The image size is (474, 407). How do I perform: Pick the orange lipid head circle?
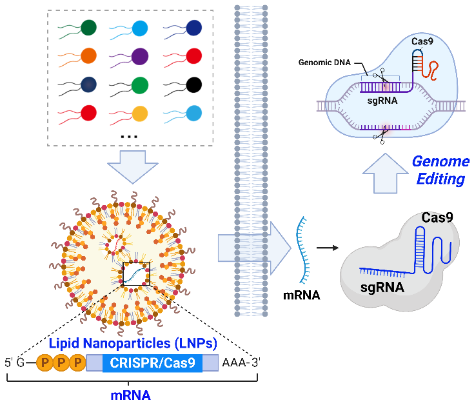click(x=88, y=56)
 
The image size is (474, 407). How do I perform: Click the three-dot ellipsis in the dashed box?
click(x=129, y=137)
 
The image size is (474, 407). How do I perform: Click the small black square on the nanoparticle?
click(x=136, y=273)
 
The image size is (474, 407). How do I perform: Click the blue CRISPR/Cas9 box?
click(x=152, y=362)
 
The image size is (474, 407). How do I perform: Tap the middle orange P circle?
click(x=61, y=362)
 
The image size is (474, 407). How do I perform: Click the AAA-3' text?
click(x=241, y=362)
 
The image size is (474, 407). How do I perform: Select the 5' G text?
click(x=15, y=362)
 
